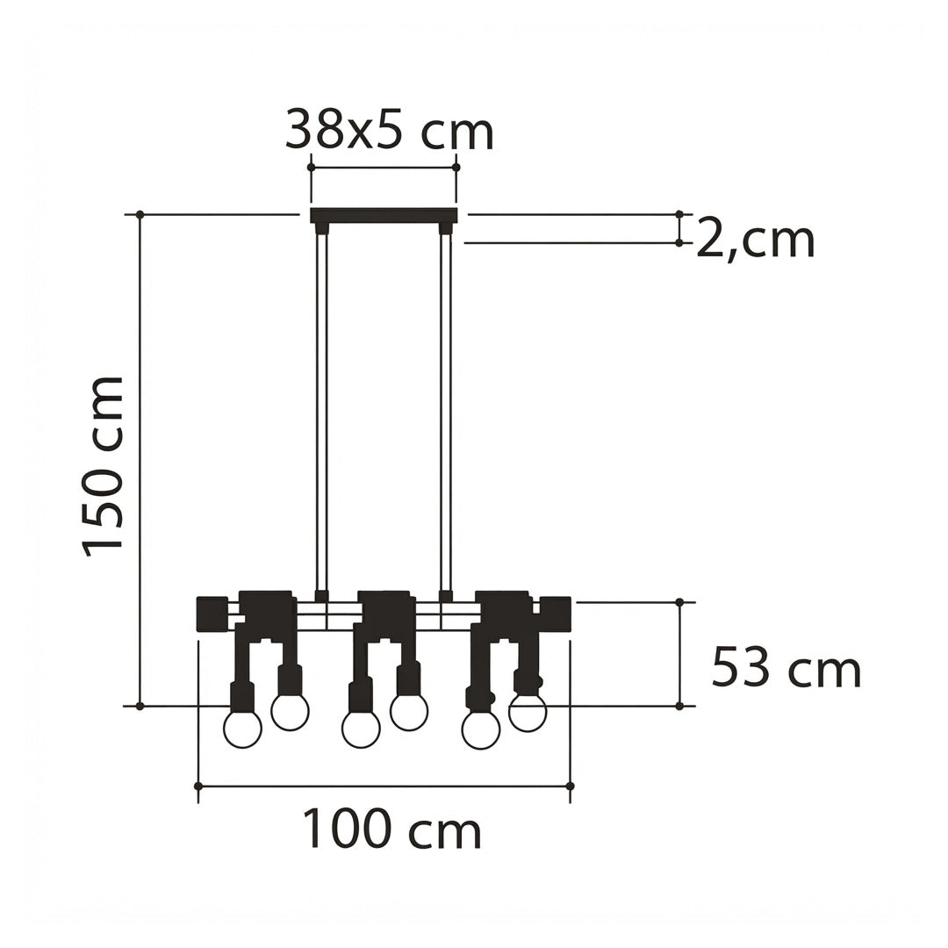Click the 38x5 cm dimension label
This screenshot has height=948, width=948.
click(390, 129)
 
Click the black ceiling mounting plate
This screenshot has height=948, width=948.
click(384, 215)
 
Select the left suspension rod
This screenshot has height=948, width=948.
click(321, 412)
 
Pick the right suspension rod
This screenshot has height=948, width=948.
click(446, 412)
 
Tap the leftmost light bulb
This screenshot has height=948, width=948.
click(242, 729)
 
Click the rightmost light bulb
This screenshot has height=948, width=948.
click(528, 712)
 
